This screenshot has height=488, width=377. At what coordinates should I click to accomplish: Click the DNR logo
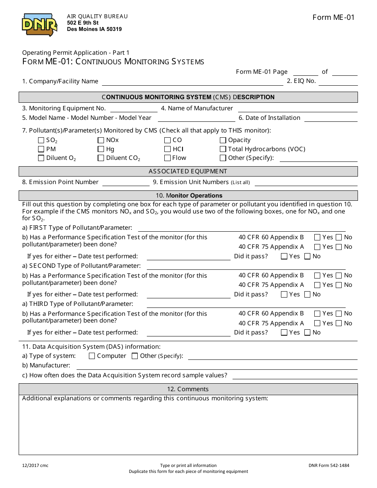[40, 25]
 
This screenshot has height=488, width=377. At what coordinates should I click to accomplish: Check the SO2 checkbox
[41, 140]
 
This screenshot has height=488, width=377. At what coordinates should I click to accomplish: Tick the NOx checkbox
[101, 140]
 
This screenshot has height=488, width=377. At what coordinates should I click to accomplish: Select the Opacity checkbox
[223, 140]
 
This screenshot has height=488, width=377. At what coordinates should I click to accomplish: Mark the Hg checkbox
[101, 149]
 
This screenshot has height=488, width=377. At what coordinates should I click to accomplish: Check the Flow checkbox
[167, 158]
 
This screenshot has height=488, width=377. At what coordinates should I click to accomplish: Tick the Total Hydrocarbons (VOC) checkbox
[223, 149]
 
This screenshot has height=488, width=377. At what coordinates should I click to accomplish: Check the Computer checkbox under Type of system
[92, 356]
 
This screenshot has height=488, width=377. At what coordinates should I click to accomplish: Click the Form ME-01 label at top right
[333, 17]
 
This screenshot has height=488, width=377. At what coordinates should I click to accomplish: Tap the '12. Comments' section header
[188, 389]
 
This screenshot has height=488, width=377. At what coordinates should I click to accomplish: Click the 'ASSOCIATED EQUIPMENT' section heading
[188, 171]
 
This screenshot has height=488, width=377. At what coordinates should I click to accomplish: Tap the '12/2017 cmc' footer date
[35, 466]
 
